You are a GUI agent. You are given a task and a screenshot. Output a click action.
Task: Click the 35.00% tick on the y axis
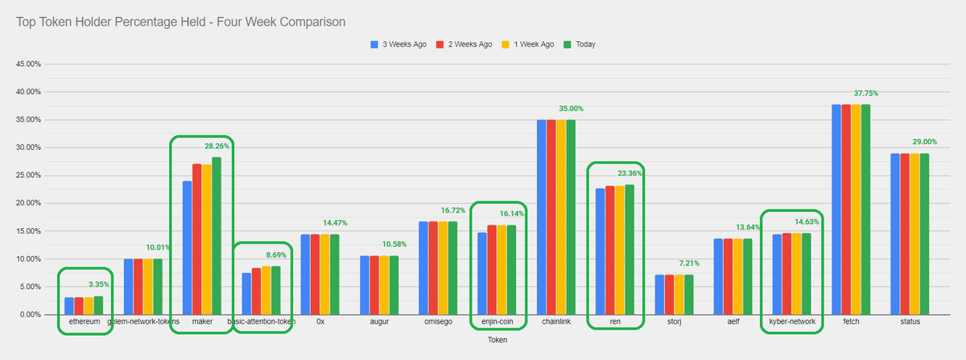click(x=31, y=120)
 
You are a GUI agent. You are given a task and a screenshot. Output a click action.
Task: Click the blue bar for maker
click(x=188, y=248)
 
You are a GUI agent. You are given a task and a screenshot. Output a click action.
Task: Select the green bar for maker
click(x=217, y=236)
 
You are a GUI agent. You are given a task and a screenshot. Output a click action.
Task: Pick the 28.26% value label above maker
click(x=217, y=147)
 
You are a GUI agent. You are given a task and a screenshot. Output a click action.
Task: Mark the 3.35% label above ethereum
click(x=98, y=284)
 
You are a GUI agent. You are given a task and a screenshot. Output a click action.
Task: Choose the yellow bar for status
click(x=914, y=234)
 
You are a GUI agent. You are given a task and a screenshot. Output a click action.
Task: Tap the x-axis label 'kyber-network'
click(x=793, y=321)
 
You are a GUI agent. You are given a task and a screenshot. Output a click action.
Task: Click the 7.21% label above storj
click(x=690, y=263)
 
